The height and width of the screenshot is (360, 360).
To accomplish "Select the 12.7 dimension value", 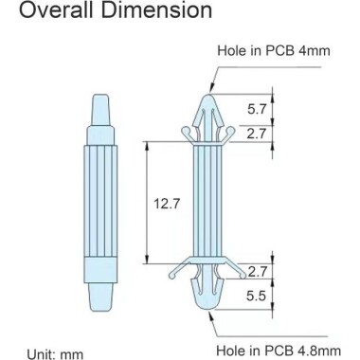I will [168, 203].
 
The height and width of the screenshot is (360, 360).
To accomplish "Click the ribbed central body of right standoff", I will [207, 203].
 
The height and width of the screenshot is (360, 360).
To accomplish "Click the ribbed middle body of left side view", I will [103, 203].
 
